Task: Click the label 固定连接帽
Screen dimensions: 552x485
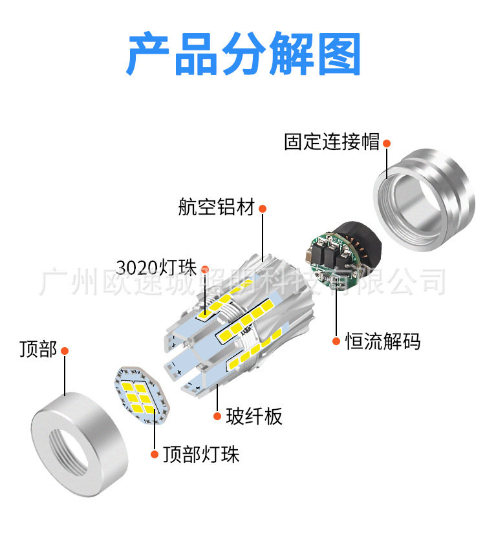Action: pos(332,142)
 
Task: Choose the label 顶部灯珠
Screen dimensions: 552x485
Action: pos(200,454)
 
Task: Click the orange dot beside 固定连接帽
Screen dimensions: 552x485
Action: pos(387,143)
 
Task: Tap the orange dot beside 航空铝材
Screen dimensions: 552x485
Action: pos(263,209)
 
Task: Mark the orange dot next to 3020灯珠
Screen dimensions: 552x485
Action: pos(206,268)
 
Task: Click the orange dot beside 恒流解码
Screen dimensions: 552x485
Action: pos(336,341)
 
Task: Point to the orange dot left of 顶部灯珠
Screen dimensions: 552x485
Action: pos(154,454)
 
